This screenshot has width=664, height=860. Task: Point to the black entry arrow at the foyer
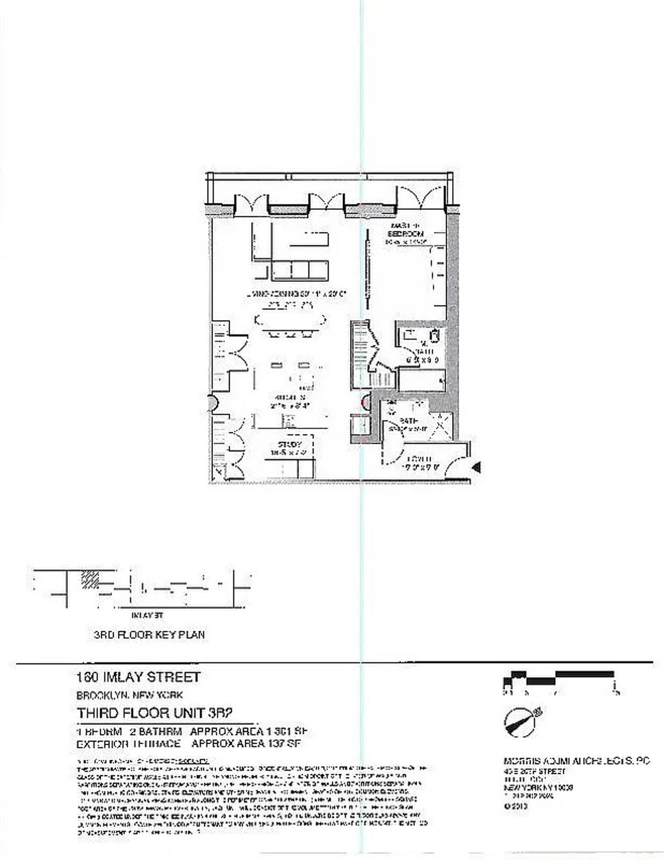click(476, 468)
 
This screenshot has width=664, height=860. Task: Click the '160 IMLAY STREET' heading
click(138, 677)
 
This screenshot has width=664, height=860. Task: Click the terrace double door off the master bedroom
click(422, 201)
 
